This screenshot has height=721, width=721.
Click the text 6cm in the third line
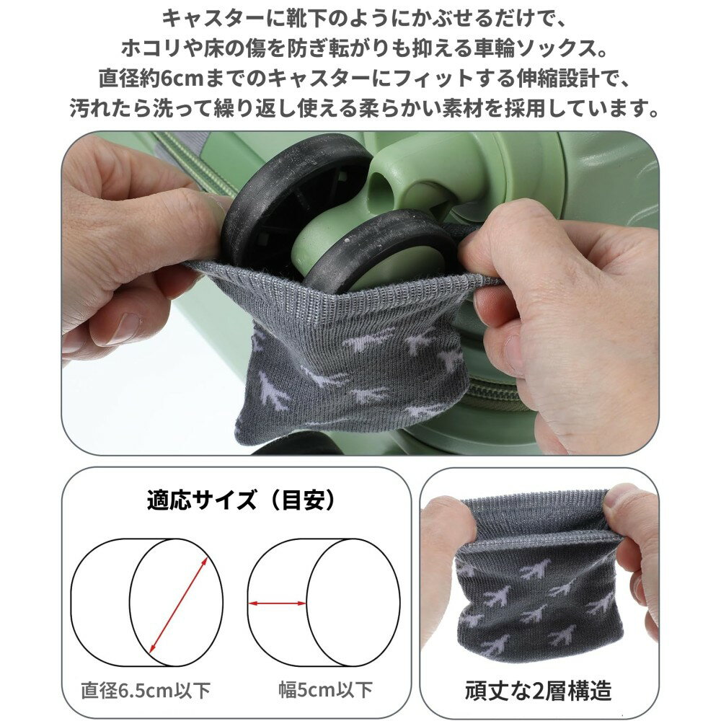tap(182, 79)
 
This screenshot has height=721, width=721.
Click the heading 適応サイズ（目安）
tap(242, 500)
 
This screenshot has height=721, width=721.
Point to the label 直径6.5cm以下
tap(146, 690)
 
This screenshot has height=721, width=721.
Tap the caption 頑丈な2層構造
tap(538, 690)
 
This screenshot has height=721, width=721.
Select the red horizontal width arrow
tap(278, 603)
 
